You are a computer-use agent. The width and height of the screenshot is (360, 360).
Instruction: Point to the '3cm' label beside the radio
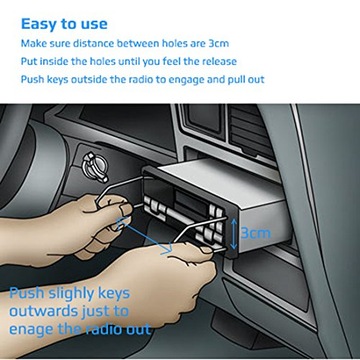[255, 233]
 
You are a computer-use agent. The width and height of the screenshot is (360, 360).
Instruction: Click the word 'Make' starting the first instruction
[33, 44]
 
